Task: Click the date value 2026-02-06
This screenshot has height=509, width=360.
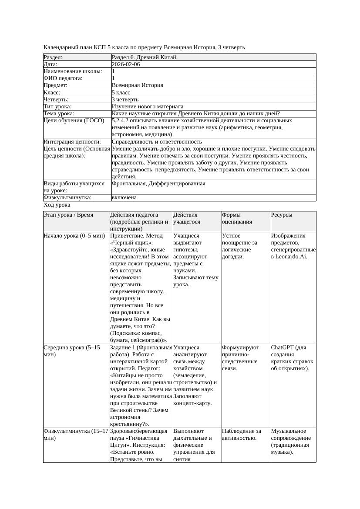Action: [x=126, y=64]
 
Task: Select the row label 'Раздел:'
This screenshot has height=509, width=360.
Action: [x=53, y=57]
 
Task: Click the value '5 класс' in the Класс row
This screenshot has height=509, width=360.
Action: [x=121, y=93]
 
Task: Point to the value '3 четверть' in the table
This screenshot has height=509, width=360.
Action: [x=125, y=100]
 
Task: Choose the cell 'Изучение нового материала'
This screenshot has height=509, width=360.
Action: [x=147, y=107]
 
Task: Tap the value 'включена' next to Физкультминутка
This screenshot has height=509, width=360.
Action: [x=124, y=198]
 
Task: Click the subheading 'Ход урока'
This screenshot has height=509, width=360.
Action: [x=57, y=205]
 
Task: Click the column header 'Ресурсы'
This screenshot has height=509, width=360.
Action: [x=282, y=215]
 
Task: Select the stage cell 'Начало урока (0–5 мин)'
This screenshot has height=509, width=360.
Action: [x=74, y=236]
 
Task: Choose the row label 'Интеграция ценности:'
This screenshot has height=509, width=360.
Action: [x=72, y=142]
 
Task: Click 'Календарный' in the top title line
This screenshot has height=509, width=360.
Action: [x=59, y=47]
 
